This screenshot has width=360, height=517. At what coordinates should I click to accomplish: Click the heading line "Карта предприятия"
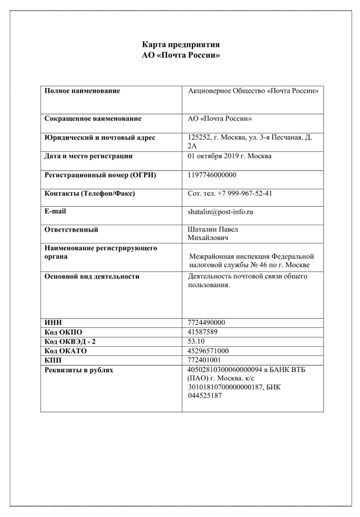181,44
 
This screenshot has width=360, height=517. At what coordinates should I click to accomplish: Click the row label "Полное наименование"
82,91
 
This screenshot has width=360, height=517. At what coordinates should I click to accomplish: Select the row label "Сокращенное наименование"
93,119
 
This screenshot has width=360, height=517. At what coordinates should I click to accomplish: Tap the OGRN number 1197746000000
212,175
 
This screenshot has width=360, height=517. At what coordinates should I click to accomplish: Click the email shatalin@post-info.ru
221,211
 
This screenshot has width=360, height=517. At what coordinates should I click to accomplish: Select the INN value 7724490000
207,323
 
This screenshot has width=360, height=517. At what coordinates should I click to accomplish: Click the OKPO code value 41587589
203,332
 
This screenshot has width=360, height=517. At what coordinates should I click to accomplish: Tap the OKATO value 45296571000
208,351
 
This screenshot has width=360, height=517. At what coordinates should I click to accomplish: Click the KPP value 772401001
205,360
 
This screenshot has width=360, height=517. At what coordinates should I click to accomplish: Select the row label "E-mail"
56,211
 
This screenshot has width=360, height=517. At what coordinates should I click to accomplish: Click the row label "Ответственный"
71,230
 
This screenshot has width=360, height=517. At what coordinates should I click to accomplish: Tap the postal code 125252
200,138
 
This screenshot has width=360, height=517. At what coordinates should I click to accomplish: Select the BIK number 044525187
205,396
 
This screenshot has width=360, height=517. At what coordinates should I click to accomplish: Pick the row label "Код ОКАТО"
66,351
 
